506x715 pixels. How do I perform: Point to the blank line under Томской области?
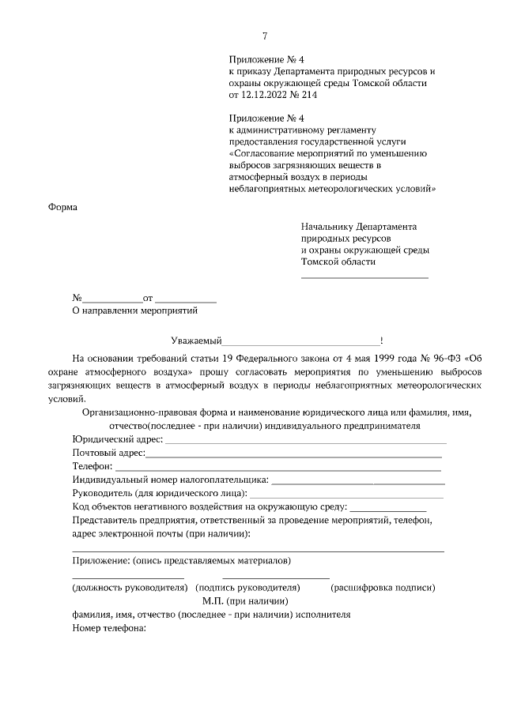[364, 277]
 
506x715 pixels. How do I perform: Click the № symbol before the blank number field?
[77, 299]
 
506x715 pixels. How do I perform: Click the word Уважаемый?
[196, 341]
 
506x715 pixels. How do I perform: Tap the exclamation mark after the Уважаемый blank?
[382, 341]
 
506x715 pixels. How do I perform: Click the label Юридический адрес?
[117, 439]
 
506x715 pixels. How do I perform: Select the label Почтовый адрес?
[109, 453]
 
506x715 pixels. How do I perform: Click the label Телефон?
[92, 467]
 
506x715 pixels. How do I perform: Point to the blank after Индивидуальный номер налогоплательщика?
[357, 481]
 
